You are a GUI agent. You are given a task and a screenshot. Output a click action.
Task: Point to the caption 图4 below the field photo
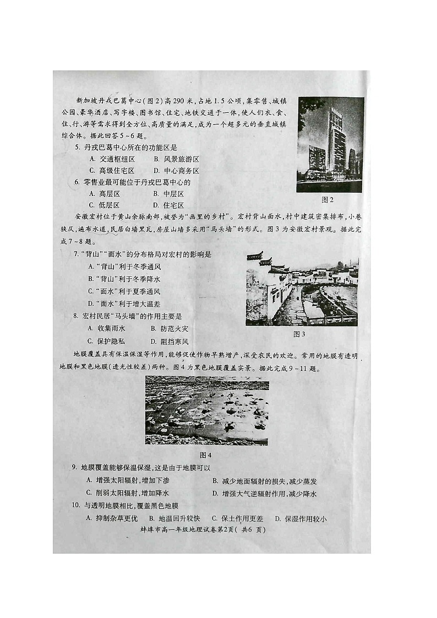205,455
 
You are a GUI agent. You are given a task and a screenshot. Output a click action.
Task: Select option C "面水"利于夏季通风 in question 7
124,291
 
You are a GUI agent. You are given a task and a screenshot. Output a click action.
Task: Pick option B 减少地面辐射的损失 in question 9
264,481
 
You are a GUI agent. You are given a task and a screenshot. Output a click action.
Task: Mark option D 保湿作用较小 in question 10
301,518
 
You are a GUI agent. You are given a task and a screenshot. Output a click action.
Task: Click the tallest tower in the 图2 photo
336,140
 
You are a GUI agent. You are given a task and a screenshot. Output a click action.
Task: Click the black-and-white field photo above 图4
207,410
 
